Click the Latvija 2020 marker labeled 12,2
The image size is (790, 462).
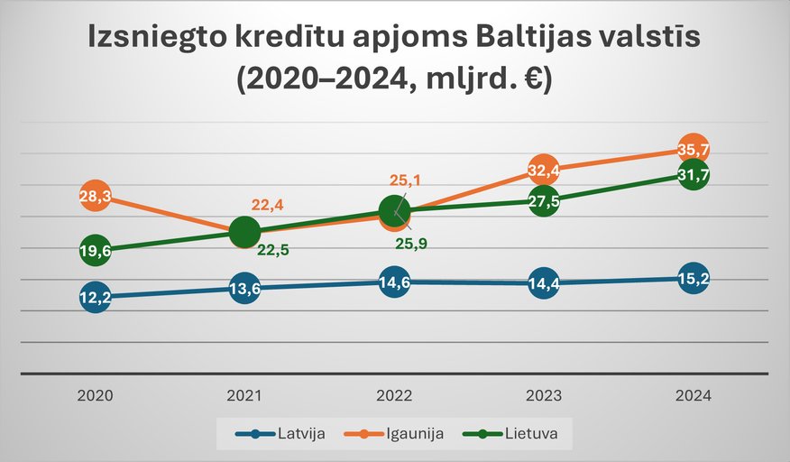coord(95,297)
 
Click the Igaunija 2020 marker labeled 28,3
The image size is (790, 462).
coord(95,196)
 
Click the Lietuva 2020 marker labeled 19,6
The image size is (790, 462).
coord(95,251)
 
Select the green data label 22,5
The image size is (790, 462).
coord(271,250)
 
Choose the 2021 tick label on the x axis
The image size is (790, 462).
coord(244,395)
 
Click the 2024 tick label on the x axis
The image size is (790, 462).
coord(693,395)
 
